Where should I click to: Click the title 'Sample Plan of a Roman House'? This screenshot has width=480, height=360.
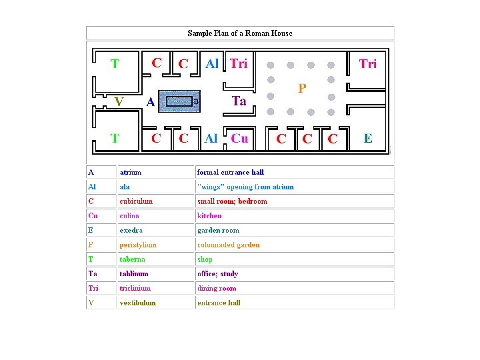(x=240, y=33)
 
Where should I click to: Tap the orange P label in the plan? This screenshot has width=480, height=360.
(x=302, y=88)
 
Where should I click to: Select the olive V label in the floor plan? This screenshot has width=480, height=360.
(x=119, y=102)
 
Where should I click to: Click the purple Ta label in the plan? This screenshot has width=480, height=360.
(x=239, y=101)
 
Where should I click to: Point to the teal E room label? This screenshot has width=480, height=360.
(x=368, y=139)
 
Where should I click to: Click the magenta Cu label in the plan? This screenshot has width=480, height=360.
(x=239, y=139)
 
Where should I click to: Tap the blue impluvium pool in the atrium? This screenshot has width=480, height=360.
(x=179, y=101)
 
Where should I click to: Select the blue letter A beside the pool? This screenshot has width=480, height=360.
(x=151, y=102)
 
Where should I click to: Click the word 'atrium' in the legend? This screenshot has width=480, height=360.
(x=131, y=172)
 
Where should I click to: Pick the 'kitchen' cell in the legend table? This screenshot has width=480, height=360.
(x=209, y=216)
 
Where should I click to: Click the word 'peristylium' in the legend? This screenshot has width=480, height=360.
(x=138, y=245)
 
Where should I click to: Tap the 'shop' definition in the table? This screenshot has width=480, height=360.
(x=205, y=259)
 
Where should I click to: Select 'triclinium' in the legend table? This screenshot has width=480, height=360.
(x=135, y=288)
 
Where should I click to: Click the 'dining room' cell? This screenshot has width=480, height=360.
(x=217, y=288)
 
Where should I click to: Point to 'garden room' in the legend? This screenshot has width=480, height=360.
(x=218, y=230)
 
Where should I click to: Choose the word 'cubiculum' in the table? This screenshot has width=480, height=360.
(x=136, y=201)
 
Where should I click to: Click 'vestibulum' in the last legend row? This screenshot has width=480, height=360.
(x=138, y=303)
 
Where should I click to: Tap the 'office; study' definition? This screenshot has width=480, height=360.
(x=217, y=273)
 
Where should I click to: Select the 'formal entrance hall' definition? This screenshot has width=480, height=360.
(x=230, y=172)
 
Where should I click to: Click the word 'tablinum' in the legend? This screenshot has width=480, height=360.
(x=134, y=273)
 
